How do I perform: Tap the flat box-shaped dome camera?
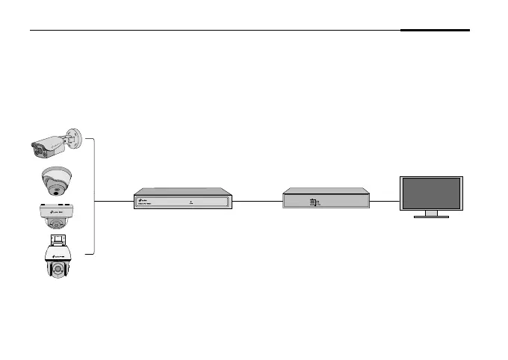56,216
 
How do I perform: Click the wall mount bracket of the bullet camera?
72,138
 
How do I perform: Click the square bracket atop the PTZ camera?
58,240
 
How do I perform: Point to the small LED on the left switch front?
191,201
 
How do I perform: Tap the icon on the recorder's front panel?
312,202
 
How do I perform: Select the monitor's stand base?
431,217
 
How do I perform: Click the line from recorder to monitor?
385,201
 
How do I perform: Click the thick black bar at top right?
435,31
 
